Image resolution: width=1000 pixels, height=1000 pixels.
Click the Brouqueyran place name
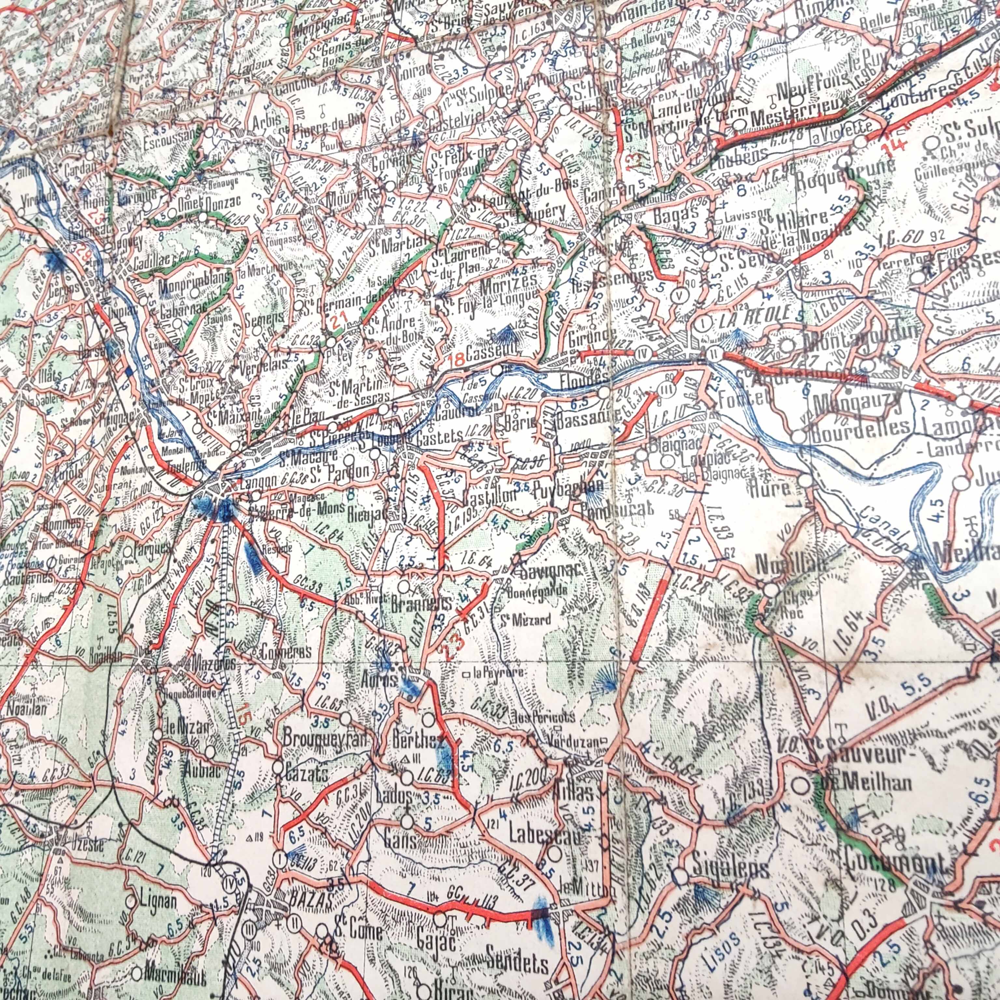tap(325, 739)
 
